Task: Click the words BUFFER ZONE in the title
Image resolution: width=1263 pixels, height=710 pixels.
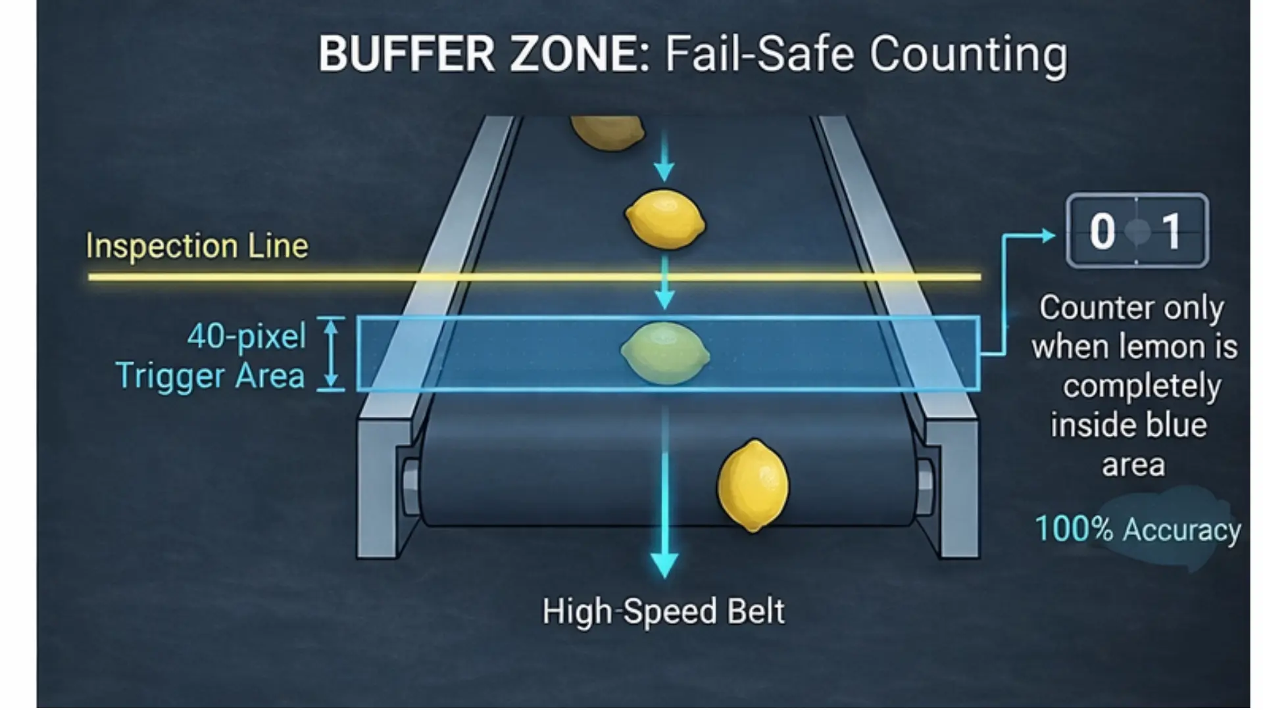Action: pyautogui.click(x=484, y=54)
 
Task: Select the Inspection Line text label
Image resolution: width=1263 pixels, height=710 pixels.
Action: pyautogui.click(x=197, y=247)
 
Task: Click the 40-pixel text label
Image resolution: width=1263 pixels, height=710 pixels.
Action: pyautogui.click(x=247, y=337)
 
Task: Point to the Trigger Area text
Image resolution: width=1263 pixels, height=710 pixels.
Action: pyautogui.click(x=210, y=376)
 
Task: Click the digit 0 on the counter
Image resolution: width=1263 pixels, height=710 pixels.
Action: pyautogui.click(x=1102, y=231)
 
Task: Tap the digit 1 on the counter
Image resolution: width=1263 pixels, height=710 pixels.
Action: pyautogui.click(x=1171, y=231)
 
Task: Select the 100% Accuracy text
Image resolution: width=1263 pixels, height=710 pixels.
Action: pyautogui.click(x=1137, y=530)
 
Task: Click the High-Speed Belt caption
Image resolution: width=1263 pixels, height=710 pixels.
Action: pyautogui.click(x=663, y=611)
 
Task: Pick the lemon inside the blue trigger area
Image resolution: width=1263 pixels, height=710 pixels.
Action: pyautogui.click(x=665, y=352)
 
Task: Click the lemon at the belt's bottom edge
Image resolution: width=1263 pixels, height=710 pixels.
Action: pyautogui.click(x=753, y=486)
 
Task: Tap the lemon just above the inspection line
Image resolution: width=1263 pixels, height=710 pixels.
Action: pyautogui.click(x=664, y=220)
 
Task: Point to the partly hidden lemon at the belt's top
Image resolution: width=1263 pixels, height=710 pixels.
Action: pyautogui.click(x=607, y=132)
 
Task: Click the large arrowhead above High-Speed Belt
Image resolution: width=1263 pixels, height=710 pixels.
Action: pyautogui.click(x=664, y=564)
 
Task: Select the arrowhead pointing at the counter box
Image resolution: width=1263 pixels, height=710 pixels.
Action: pyautogui.click(x=1047, y=235)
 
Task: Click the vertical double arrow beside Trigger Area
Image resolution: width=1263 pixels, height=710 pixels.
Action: pyautogui.click(x=331, y=354)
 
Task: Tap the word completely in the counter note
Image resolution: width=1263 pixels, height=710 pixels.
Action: pyautogui.click(x=1141, y=387)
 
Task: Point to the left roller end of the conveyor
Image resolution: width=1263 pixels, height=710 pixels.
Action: pyautogui.click(x=410, y=486)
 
